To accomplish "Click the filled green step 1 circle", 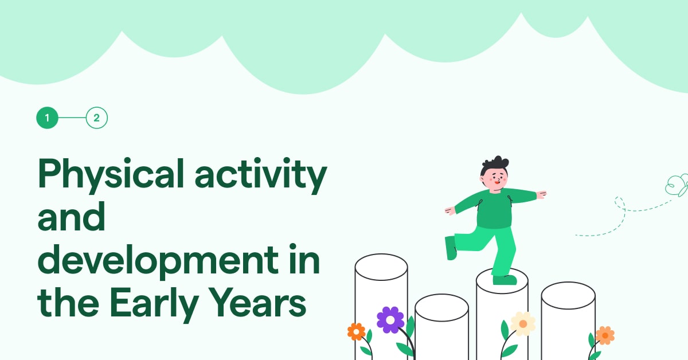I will click(48, 118).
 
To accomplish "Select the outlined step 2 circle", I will click(97, 118).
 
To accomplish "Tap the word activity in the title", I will click(260, 174).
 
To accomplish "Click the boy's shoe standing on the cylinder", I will click(505, 280).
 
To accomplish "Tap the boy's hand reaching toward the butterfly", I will click(541, 195).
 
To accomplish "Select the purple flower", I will click(390, 319).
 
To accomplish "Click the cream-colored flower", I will click(523, 324).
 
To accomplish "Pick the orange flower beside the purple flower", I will click(356, 331).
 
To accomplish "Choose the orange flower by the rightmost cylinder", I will click(604, 335).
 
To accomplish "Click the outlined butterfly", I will click(677, 186).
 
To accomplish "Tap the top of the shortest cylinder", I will click(441, 307).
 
